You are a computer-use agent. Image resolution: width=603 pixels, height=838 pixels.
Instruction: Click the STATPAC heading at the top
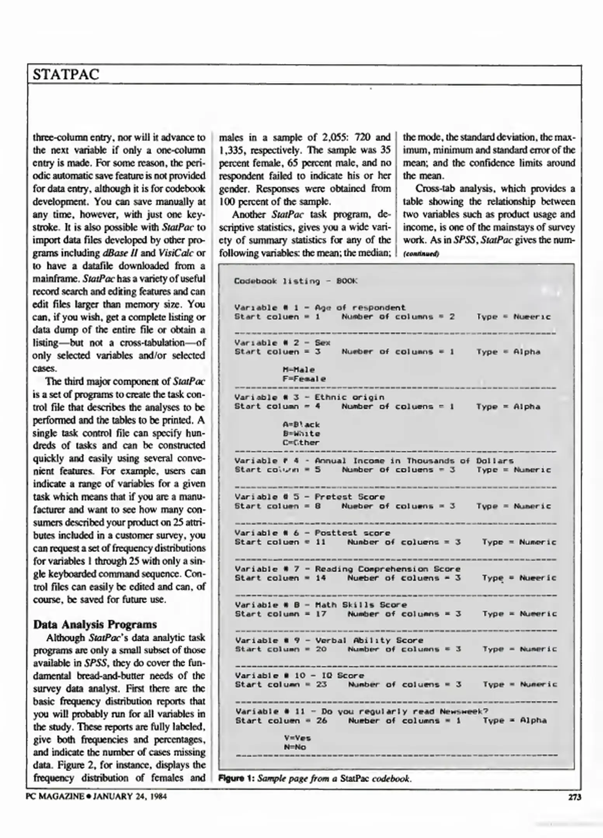(66, 74)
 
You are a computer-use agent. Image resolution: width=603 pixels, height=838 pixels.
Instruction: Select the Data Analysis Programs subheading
(95, 624)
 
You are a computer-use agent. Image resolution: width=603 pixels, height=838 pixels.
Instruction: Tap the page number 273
(574, 797)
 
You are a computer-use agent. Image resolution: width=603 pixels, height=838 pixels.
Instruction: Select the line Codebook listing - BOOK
(295, 281)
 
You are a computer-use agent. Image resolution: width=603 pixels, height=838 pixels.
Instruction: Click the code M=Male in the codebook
(299, 370)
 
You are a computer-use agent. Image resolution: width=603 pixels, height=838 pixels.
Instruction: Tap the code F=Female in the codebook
(304, 379)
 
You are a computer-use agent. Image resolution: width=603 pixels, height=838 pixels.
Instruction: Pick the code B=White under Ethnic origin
(301, 433)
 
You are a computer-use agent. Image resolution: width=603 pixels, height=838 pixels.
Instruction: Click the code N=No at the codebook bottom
(295, 747)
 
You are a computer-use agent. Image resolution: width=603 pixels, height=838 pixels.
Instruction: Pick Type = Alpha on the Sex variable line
(508, 351)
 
